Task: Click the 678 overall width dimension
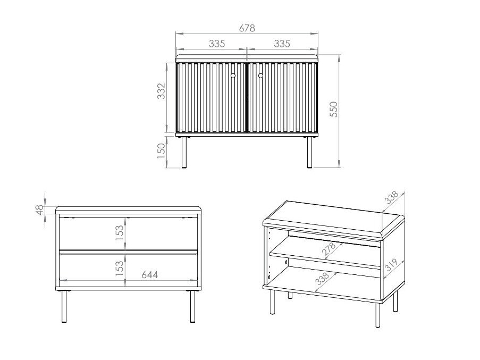[x=247, y=28]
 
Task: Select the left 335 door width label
[x=217, y=44]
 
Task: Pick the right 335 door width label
[x=282, y=44]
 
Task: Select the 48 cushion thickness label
[x=40, y=210]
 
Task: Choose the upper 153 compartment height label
[x=120, y=233]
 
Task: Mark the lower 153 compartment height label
[x=120, y=269]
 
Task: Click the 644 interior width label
[x=150, y=274]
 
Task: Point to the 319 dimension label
[x=391, y=265]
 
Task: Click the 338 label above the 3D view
[x=392, y=197]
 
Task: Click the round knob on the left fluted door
[x=233, y=76]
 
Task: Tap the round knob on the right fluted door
[x=261, y=76]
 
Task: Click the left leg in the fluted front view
[x=184, y=152]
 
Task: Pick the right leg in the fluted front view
[x=309, y=152]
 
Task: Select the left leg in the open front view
[x=64, y=306]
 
